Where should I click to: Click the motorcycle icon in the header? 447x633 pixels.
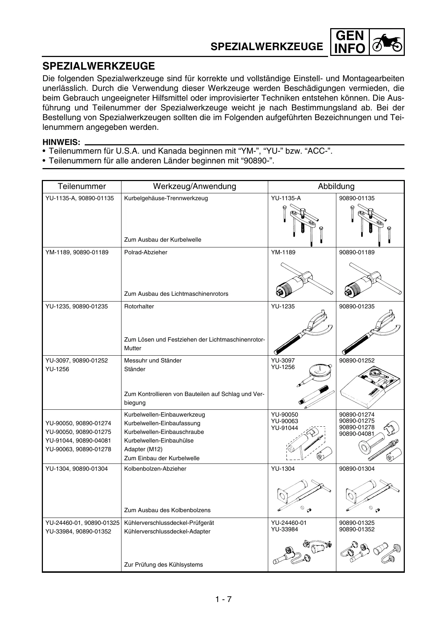[387, 42]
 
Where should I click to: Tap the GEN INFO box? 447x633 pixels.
[349, 42]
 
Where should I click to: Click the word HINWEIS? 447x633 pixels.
[61, 143]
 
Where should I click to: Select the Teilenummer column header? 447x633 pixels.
[82, 186]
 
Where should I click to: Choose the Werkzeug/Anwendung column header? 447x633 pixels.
[194, 186]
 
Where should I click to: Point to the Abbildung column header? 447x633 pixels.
[336, 186]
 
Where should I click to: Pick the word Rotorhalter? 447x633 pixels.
[139, 307]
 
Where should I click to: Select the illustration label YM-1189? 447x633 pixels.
[283, 252]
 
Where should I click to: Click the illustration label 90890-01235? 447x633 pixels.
[357, 307]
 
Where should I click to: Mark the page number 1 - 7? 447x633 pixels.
[223, 599]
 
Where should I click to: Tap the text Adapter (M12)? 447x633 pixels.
[143, 449]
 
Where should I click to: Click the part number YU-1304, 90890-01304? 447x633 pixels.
[76, 469]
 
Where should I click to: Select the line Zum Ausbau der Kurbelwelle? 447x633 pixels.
[163, 240]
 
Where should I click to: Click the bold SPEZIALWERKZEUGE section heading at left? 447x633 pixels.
[99, 66]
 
